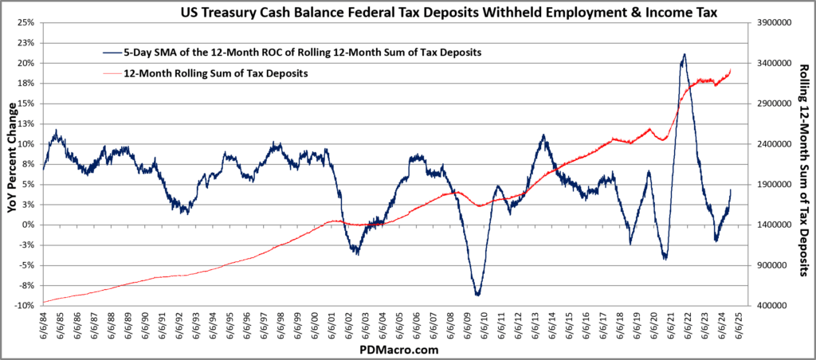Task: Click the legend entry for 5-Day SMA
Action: pyautogui.click(x=303, y=52)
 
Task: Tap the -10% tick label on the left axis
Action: pyautogui.click(x=22, y=306)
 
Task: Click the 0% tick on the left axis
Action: pyautogui.click(x=26, y=225)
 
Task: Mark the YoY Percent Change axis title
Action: pyautogui.click(x=11, y=164)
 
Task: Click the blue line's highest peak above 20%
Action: pyautogui.click(x=684, y=55)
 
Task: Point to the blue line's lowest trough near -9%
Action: pyautogui.click(x=478, y=295)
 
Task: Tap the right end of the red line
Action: pyautogui.click(x=731, y=70)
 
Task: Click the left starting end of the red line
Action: pyautogui.click(x=44, y=302)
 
